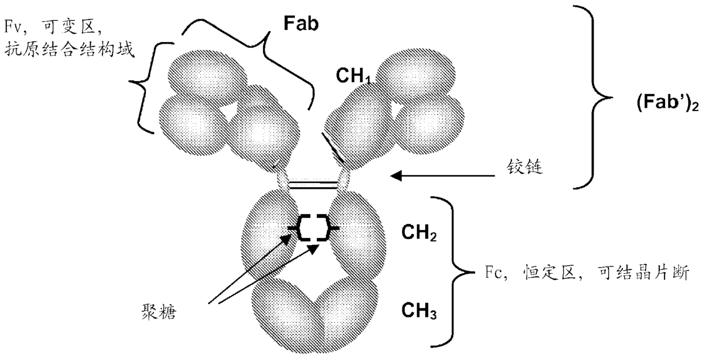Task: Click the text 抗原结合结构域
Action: pyautogui.click(x=68, y=49)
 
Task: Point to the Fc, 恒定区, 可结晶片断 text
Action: pyautogui.click(x=579, y=275)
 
